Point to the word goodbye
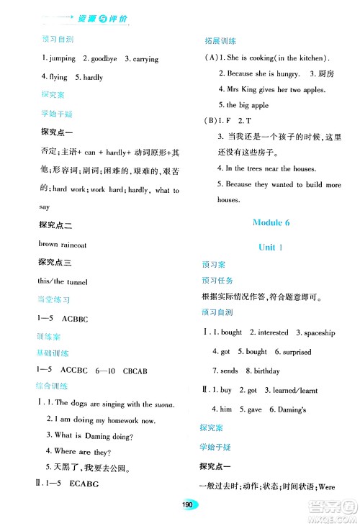tap(100, 59)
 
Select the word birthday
tap(263, 371)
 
